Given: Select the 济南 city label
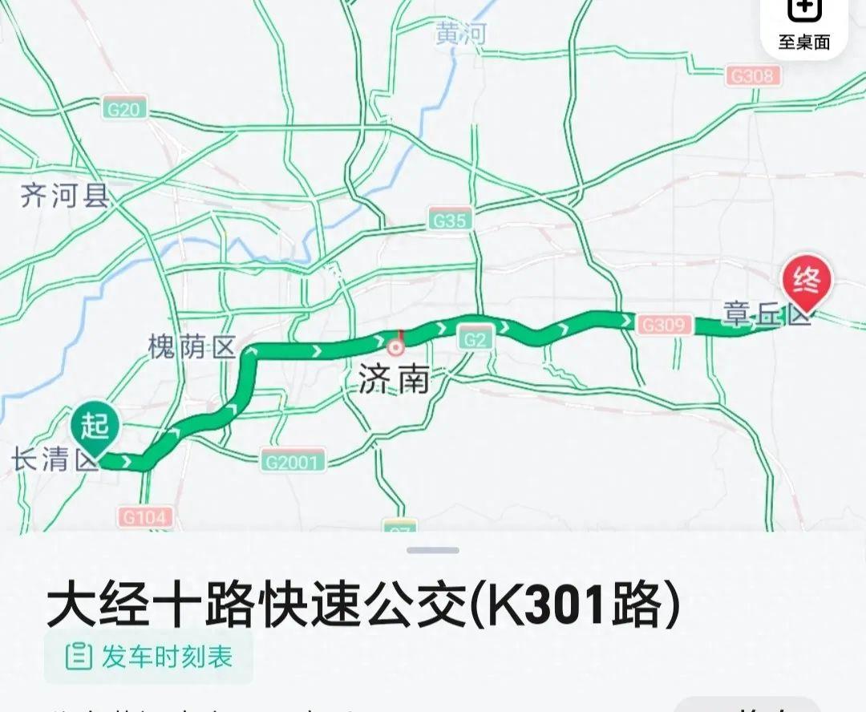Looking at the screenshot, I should (394, 379).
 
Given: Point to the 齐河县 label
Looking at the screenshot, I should (64, 196).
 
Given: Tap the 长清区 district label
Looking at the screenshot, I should (53, 460).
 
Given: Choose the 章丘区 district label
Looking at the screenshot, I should (766, 314).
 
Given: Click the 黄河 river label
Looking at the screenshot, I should (461, 34).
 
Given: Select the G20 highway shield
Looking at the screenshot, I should (123, 109).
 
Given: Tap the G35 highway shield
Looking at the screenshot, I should (450, 220).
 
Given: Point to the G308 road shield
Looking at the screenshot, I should (752, 76).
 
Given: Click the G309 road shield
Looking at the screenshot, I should (664, 325).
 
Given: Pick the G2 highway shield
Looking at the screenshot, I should (475, 338).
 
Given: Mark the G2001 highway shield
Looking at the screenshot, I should (293, 461).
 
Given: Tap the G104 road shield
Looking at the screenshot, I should (146, 517).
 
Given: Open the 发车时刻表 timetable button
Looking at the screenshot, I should (149, 657).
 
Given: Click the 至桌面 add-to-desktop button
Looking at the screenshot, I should (803, 26).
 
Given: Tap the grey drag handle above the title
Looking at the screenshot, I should (433, 550).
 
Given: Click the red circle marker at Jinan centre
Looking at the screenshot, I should (395, 347).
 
